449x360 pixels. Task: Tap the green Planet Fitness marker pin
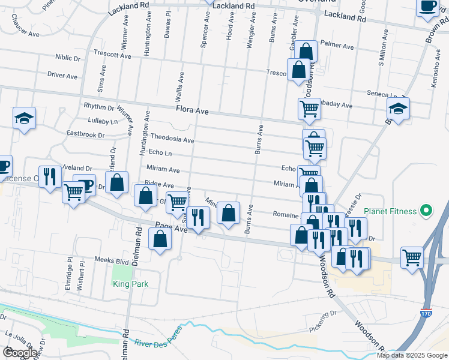[426, 211]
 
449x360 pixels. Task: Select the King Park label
[130, 284]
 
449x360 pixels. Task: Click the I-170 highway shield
[426, 313]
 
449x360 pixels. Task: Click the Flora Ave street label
[192, 111]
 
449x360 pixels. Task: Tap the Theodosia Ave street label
[172, 139]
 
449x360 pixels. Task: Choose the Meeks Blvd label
[112, 260]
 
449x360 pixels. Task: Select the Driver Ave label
[62, 76]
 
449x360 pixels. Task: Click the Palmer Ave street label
[337, 45]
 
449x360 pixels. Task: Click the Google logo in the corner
[20, 352]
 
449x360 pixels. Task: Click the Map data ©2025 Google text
[412, 355]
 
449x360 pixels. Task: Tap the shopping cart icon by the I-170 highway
[412, 258]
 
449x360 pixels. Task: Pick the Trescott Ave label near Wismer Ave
[112, 55]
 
